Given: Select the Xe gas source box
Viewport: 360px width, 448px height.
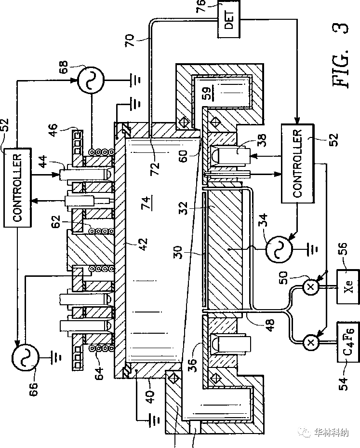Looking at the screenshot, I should click(x=350, y=286).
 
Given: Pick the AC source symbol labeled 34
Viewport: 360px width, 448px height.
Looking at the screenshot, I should click(x=279, y=249).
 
